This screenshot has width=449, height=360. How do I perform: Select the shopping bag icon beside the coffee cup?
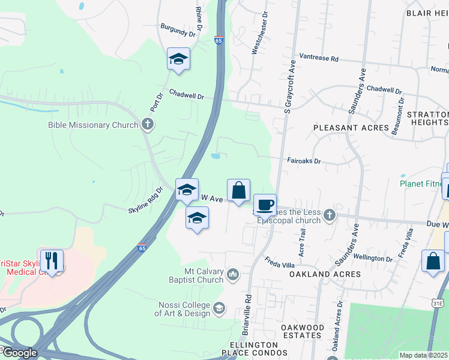pyautogui.click(x=238, y=191)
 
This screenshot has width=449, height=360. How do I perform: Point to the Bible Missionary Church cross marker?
pyautogui.click(x=148, y=125)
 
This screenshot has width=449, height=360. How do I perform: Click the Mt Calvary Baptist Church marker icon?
pyautogui.click(x=233, y=275)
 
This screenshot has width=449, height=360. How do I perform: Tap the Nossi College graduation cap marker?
pyautogui.click(x=220, y=308)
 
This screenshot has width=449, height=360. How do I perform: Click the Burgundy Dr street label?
pyautogui.click(x=178, y=30)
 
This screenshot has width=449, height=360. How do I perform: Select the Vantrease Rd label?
pyautogui.click(x=319, y=59)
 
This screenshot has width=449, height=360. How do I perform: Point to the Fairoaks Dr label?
pyautogui.click(x=304, y=161)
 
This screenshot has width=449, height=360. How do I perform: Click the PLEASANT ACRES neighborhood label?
pyautogui.click(x=351, y=128)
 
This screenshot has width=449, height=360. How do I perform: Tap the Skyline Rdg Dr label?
pyautogui.click(x=146, y=200)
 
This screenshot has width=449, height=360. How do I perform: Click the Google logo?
pyautogui.click(x=19, y=353)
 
